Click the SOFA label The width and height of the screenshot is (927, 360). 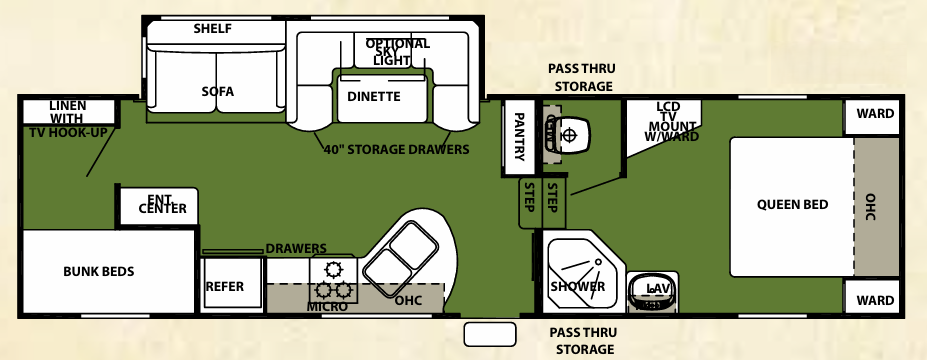click(217, 92)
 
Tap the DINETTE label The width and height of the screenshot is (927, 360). click(374, 97)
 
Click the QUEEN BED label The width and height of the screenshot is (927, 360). click(792, 205)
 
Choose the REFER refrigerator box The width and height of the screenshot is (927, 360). click(225, 286)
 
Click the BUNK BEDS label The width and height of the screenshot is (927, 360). click(98, 271)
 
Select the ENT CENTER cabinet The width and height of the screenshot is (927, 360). click(161, 205)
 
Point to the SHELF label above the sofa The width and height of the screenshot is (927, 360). click(212, 29)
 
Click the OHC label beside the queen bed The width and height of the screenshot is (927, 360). click(870, 206)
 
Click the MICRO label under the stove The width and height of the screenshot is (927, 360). click(328, 306)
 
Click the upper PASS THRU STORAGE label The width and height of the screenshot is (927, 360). click(580, 78)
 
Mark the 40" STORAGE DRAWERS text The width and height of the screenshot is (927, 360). click(396, 150)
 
